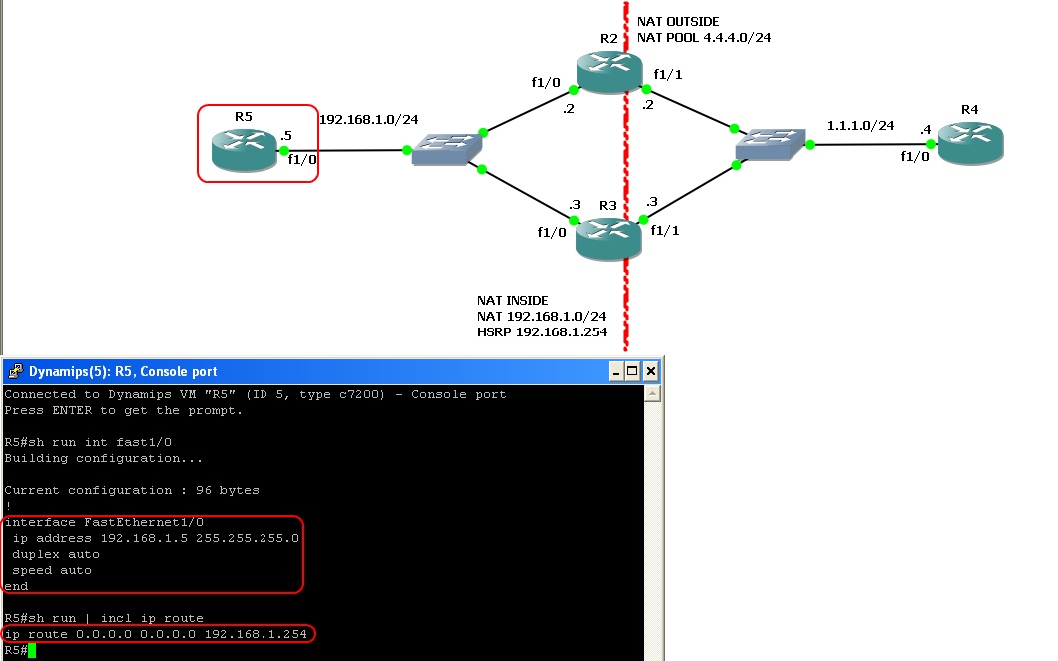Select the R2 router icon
click(x=608, y=70)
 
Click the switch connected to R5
click(x=444, y=151)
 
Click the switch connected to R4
click(x=772, y=145)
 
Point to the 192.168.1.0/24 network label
click(x=368, y=120)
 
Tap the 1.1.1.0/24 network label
click(x=860, y=126)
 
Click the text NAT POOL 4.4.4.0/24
click(x=704, y=37)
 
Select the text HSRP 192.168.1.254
click(x=542, y=331)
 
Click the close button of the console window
click(x=650, y=372)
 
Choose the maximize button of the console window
click(x=633, y=372)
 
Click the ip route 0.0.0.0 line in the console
click(x=159, y=634)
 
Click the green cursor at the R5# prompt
click(x=32, y=651)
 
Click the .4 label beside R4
click(x=926, y=130)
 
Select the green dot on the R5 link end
click(x=284, y=151)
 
